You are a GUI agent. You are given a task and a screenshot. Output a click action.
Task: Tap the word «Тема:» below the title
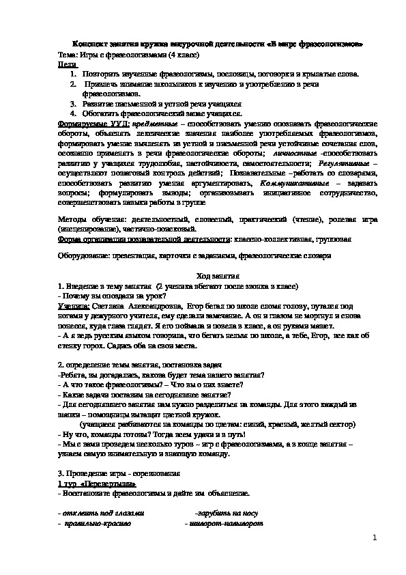pos(69,53)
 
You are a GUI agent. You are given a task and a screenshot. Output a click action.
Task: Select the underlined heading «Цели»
pos(66,62)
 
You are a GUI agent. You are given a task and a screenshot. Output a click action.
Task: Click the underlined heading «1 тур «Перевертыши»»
pos(92,482)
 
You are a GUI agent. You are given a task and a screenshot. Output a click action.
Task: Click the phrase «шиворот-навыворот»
pos(224,523)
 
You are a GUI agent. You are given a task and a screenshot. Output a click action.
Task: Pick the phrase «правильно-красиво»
pos(96,523)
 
